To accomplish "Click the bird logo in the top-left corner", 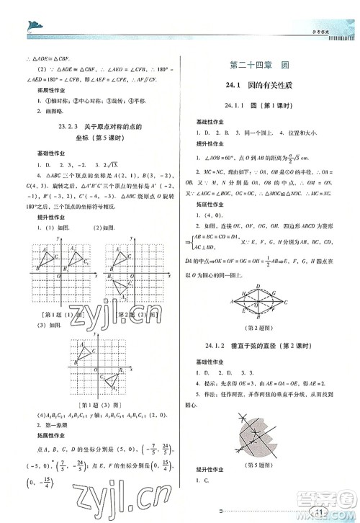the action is tap(32, 27).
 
